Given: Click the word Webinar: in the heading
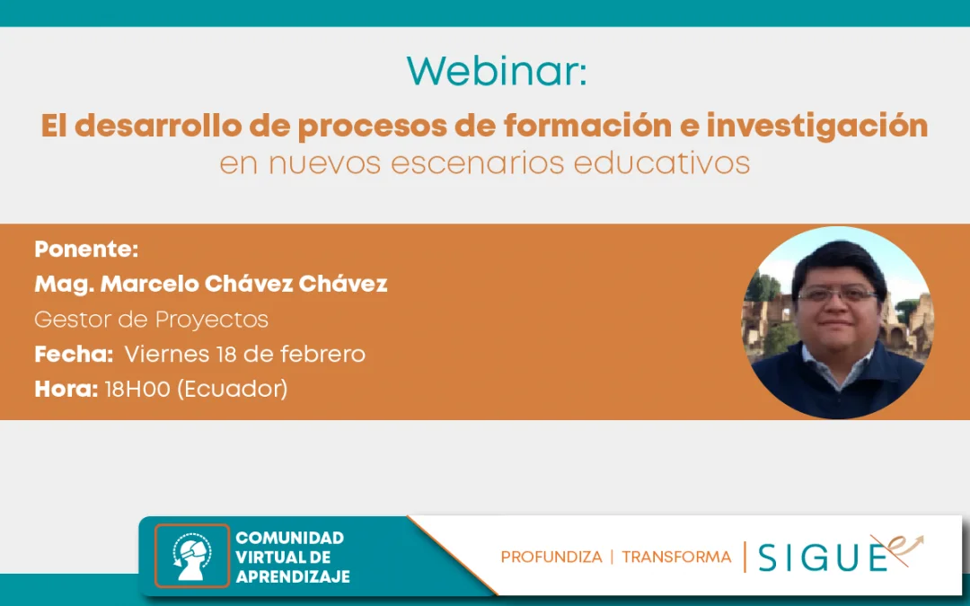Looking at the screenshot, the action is click(x=496, y=71).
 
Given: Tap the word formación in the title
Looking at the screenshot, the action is click(x=587, y=127).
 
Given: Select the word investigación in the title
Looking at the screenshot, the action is click(x=816, y=127).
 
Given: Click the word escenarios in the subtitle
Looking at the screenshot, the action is click(x=478, y=163).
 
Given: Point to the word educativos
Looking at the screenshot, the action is click(x=662, y=162).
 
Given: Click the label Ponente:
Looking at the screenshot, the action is click(x=86, y=250).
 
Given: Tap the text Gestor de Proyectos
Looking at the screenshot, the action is click(x=152, y=320).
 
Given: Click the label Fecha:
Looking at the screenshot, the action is click(x=74, y=355).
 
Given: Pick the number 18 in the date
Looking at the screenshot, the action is click(x=227, y=355).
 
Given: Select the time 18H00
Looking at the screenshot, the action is click(x=137, y=390).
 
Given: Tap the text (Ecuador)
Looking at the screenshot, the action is click(x=233, y=390).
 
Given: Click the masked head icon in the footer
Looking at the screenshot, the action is click(x=192, y=556).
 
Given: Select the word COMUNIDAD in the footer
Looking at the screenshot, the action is click(x=289, y=538).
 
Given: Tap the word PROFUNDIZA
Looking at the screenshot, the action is click(x=551, y=558).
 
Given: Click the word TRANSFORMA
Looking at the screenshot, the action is click(x=676, y=558).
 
